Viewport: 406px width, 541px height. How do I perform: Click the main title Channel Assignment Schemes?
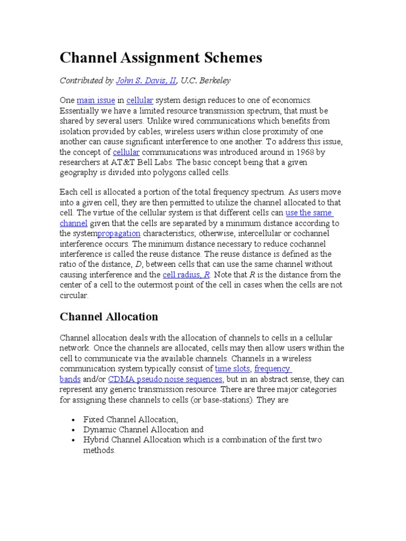(161, 58)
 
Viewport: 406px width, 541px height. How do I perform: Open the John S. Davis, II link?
(146, 81)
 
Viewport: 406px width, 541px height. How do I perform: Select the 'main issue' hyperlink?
(96, 100)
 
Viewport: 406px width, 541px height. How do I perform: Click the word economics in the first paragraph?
(290, 100)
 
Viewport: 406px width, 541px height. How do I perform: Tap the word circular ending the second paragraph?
(73, 296)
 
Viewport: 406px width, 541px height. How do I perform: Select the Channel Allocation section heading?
(109, 317)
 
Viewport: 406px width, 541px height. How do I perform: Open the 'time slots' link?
(233, 369)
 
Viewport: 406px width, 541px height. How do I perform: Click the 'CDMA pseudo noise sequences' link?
(165, 379)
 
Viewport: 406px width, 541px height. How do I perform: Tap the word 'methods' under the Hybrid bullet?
(98, 451)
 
